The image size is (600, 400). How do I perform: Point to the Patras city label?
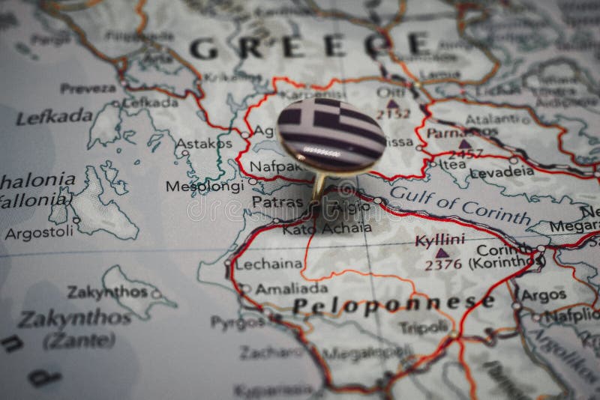click(x=277, y=202)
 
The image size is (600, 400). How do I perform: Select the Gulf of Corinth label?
click(x=460, y=202)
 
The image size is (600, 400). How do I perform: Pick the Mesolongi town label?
click(x=205, y=187)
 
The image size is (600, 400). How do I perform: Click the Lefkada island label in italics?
click(x=54, y=117)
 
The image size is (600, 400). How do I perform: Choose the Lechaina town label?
click(x=268, y=264)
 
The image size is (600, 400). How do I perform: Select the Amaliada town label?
click(x=291, y=288)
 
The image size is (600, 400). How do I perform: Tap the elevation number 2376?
click(x=443, y=264)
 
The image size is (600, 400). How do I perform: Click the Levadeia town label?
click(x=502, y=172)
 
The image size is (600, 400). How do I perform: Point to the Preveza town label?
click(x=88, y=88)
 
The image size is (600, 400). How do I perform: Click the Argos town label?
click(x=544, y=295)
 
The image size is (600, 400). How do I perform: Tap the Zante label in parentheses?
click(x=79, y=341)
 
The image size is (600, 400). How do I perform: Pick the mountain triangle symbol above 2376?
click(x=442, y=252)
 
